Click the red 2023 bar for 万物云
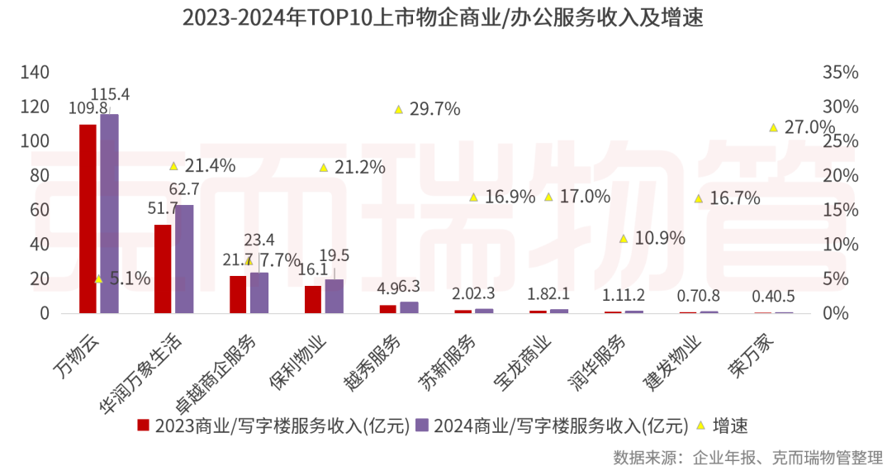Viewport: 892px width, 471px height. click(88, 219)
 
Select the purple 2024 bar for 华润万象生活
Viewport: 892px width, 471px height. click(184, 259)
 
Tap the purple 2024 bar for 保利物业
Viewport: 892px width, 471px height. click(334, 296)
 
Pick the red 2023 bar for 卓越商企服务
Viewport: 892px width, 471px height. click(238, 294)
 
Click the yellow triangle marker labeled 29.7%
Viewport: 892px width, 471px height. click(398, 110)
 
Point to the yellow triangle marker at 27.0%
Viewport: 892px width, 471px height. click(773, 128)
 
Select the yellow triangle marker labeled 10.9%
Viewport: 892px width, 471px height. click(624, 239)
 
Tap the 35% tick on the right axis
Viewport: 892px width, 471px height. click(841, 73)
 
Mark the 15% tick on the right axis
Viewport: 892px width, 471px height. click(841, 211)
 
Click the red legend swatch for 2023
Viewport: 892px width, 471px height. click(143, 426)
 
